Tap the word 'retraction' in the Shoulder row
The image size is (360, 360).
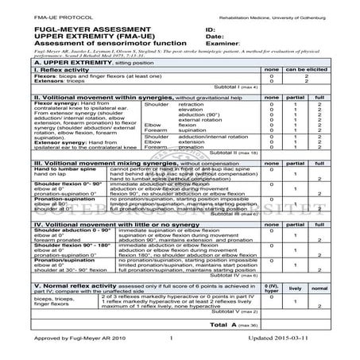click(191, 104)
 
